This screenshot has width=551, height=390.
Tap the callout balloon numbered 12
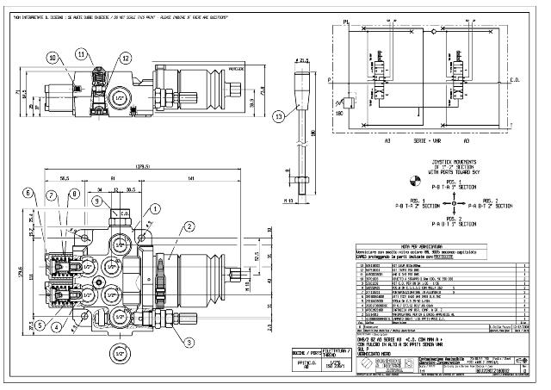126,58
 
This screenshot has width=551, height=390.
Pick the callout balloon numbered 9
99,201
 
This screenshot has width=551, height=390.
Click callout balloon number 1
154,207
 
